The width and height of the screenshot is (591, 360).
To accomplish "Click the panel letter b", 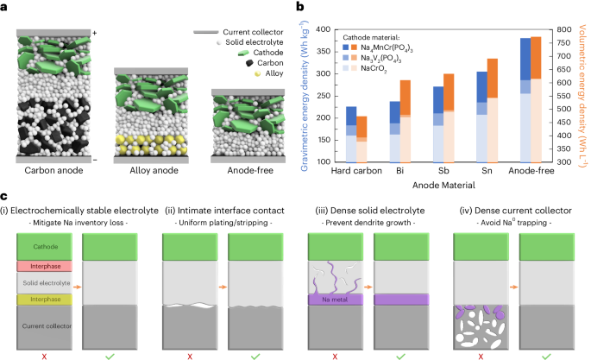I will coord(300,7).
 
